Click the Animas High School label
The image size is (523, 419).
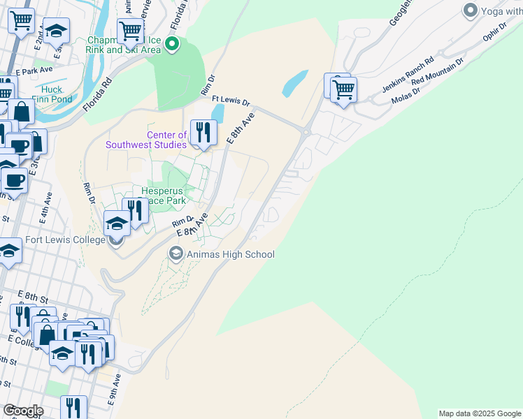click(x=230, y=254)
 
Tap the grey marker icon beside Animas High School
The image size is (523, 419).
click(x=175, y=253)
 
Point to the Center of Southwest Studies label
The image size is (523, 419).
click(x=146, y=140)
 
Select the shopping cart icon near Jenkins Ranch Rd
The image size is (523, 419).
click(x=343, y=89)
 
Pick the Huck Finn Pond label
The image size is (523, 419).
click(x=51, y=94)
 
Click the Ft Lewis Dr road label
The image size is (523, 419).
click(x=231, y=101)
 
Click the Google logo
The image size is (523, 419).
click(x=23, y=411)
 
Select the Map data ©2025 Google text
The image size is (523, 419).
click(x=480, y=413)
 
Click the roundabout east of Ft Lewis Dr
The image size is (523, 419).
click(x=306, y=131)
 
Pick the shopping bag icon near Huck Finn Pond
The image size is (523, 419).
click(x=22, y=112)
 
